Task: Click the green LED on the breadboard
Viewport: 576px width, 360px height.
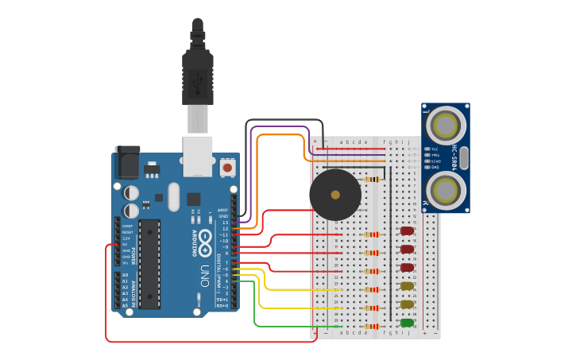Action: pos(407,323)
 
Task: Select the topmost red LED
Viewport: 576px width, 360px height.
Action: pos(407,231)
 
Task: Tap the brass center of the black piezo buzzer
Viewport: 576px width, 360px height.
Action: pos(335,195)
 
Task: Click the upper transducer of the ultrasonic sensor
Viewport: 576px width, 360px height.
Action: pos(446,125)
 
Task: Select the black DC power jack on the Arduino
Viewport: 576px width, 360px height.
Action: pos(127,162)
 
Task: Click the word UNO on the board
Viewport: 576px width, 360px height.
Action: pos(204,275)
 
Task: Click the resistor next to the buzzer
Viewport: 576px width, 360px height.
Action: pos(372,180)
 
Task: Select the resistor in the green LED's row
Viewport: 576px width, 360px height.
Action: pos(372,326)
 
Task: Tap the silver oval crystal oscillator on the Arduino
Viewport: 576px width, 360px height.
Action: pos(174,196)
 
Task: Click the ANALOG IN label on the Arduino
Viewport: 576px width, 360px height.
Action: pos(133,291)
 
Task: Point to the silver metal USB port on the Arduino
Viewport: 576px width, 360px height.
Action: pos(198,155)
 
